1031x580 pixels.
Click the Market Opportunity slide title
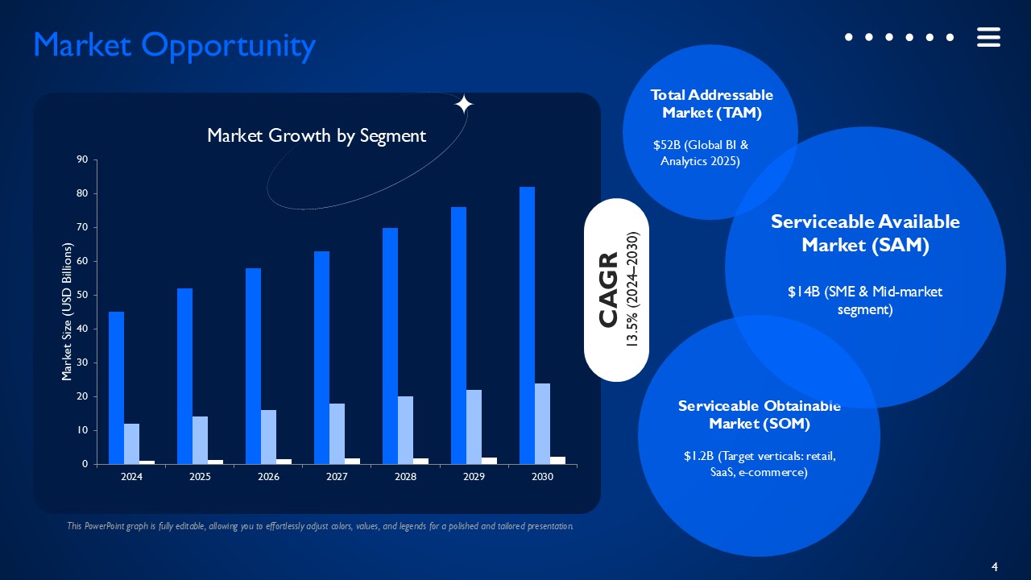[174, 46]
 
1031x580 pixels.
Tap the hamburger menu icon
[988, 37]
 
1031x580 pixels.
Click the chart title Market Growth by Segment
[317, 135]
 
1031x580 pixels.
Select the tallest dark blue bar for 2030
[527, 325]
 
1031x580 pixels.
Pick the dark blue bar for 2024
[116, 387]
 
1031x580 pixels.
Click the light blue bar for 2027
[337, 433]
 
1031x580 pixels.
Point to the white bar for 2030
[557, 460]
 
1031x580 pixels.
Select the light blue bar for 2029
[474, 427]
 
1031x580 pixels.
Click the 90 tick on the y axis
[81, 159]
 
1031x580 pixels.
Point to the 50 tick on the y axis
[81, 295]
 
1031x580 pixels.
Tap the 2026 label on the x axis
[268, 477]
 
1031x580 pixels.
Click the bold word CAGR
[608, 289]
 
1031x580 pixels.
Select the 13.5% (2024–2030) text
[632, 289]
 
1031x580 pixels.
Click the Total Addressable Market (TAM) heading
[711, 104]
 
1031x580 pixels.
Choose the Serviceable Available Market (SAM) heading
[865, 234]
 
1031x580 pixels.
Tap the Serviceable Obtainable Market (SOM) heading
[759, 414]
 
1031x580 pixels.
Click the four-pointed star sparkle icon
[464, 105]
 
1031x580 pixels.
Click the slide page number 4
[994, 567]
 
